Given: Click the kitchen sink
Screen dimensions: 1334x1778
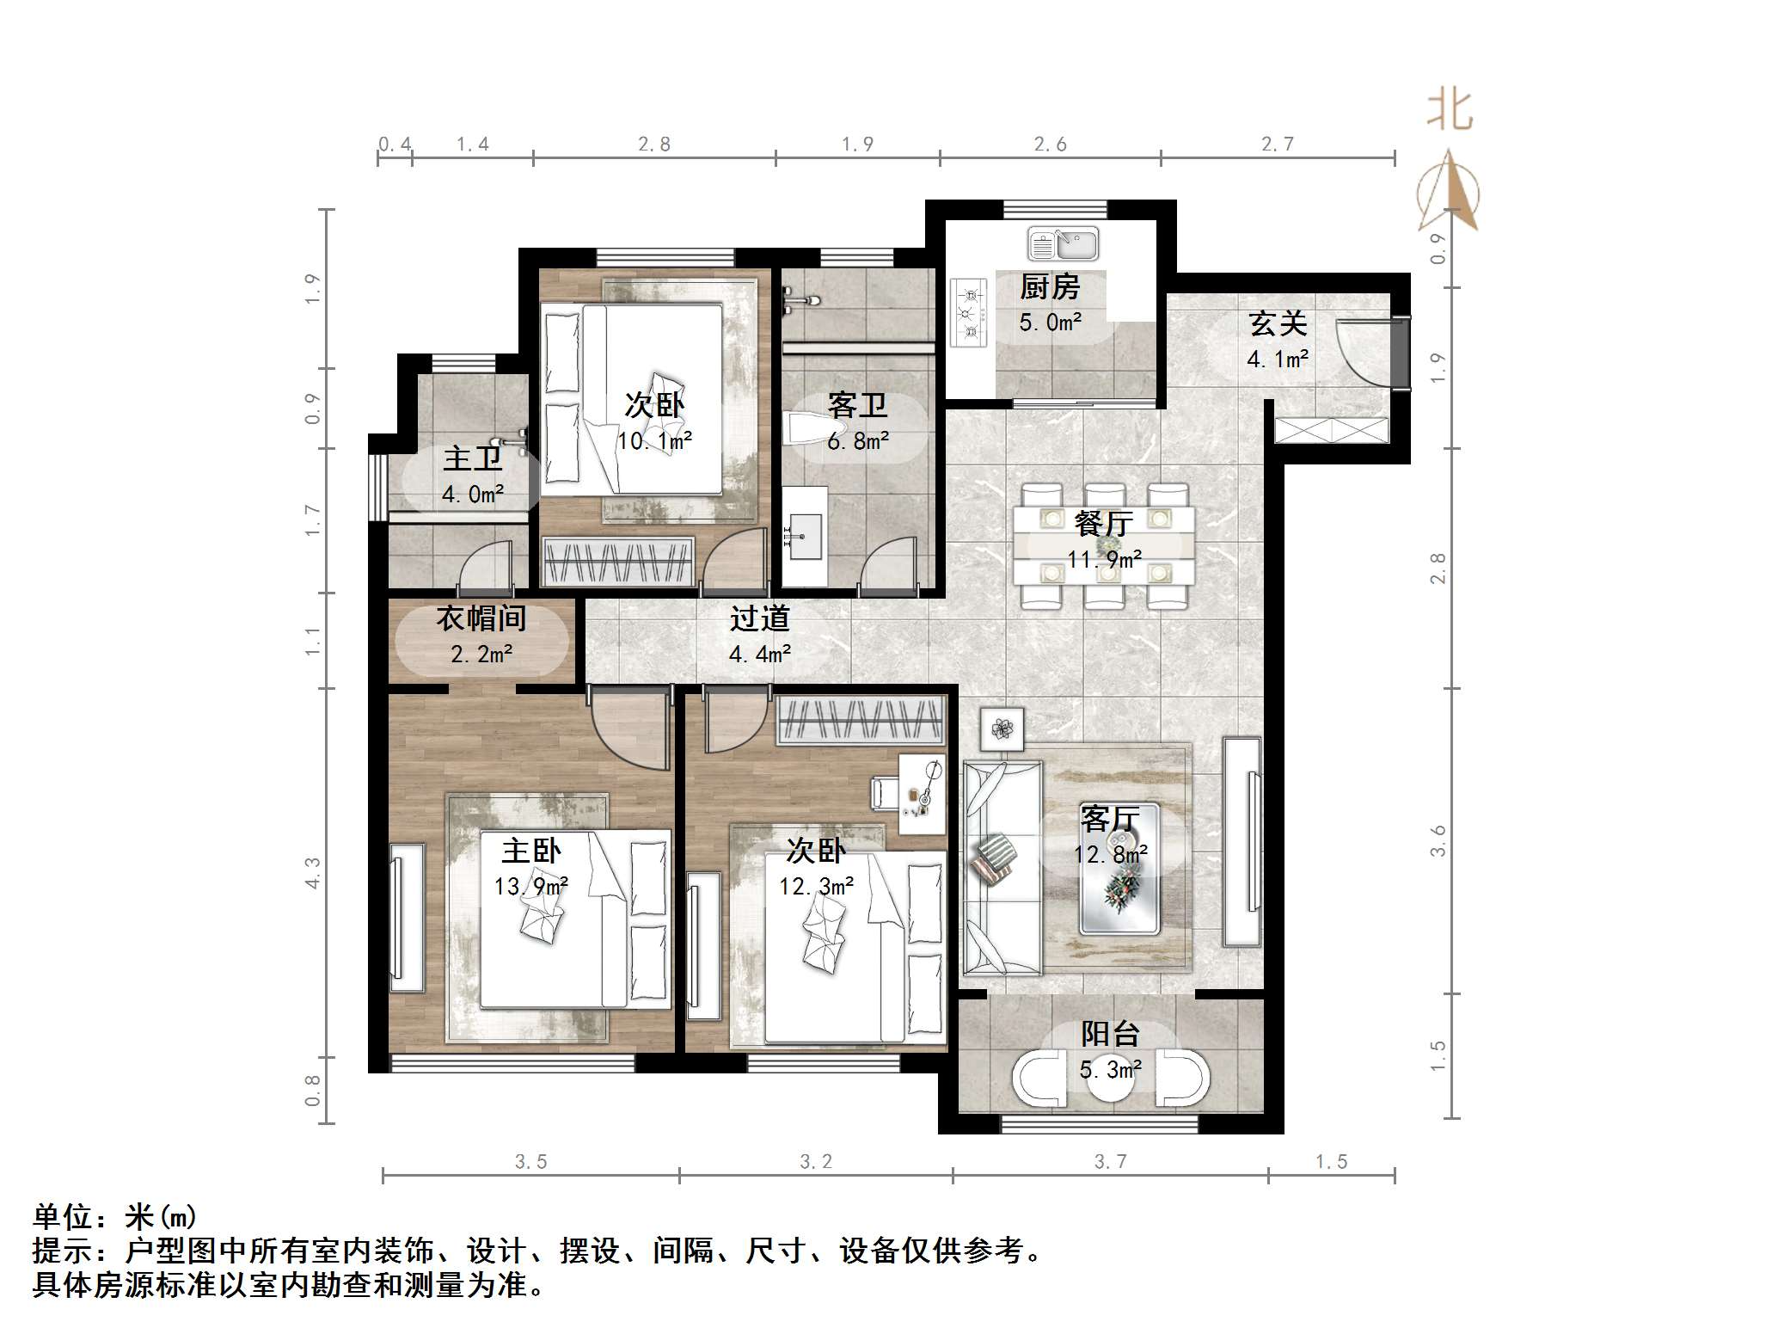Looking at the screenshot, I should click(1063, 244).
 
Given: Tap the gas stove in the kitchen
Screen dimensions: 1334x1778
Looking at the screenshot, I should click(969, 312).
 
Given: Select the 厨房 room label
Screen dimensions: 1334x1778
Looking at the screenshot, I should click(1050, 287).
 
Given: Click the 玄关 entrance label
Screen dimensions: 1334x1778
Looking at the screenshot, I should click(1278, 324).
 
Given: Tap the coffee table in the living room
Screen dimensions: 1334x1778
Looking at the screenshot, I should click(1119, 869).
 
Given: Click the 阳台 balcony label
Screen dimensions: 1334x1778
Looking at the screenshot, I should click(1110, 1034).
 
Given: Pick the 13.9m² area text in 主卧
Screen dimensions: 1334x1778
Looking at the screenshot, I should click(530, 887).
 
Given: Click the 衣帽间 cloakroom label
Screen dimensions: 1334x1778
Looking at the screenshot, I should click(481, 618).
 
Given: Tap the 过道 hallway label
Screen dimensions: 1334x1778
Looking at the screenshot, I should click(759, 618).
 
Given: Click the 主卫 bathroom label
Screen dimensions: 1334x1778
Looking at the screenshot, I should click(472, 458).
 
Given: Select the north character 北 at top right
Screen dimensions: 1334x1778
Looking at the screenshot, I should click(1450, 111).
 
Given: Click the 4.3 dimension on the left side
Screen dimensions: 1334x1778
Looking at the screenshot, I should click(313, 873).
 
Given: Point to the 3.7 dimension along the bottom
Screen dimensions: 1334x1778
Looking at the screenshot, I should click(1110, 1162).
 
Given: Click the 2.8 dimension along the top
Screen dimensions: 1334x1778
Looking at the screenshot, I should click(654, 144).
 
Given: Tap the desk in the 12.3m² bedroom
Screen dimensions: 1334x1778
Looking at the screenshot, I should click(922, 794).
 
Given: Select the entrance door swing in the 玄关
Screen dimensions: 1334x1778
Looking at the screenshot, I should click(1363, 353).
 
